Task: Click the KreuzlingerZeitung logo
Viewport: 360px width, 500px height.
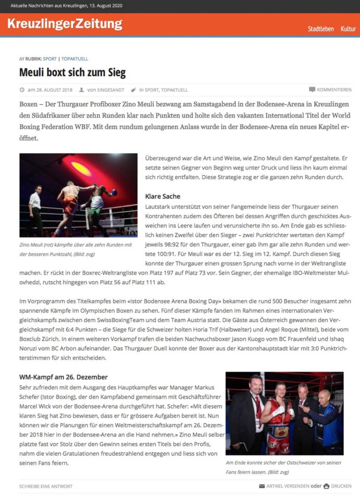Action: [65, 24]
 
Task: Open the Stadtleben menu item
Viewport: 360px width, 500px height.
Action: [320, 29]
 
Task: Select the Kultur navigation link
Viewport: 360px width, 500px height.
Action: [348, 29]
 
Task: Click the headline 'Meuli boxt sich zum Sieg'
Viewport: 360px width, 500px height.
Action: [73, 72]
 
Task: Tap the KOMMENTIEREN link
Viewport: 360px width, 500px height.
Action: [333, 90]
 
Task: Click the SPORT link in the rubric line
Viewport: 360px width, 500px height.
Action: [50, 59]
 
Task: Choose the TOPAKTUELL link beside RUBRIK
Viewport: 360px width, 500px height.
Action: [75, 59]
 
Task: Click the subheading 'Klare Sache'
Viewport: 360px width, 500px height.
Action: [162, 196]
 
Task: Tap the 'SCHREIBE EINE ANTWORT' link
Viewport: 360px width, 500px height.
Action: [46, 486]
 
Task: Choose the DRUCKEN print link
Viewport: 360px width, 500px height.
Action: [341, 486]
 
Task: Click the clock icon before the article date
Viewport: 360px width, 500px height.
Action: [22, 90]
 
